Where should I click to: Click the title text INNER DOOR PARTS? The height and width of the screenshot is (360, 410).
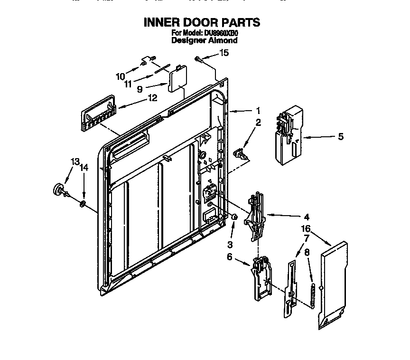[x=201, y=22]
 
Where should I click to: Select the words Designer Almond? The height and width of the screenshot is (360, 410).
[x=204, y=40]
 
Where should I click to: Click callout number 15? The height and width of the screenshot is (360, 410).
[x=224, y=53]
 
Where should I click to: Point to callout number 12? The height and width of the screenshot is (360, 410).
[x=152, y=98]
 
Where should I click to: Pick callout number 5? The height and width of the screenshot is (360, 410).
[x=340, y=137]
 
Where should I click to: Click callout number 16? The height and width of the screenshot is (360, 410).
[x=307, y=228]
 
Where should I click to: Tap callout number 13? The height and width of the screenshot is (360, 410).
[x=75, y=162]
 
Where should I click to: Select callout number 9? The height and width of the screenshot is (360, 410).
[x=140, y=88]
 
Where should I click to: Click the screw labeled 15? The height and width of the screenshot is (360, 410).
[x=199, y=59]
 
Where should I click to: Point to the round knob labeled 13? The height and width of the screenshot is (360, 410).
[x=59, y=189]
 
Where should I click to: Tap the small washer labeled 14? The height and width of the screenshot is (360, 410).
[x=83, y=204]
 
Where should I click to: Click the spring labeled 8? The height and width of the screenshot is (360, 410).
[x=313, y=294]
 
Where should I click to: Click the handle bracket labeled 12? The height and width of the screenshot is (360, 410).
[x=98, y=116]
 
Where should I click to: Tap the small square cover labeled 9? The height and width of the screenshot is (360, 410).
[x=176, y=78]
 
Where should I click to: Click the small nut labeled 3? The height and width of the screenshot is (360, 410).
[x=234, y=217]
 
